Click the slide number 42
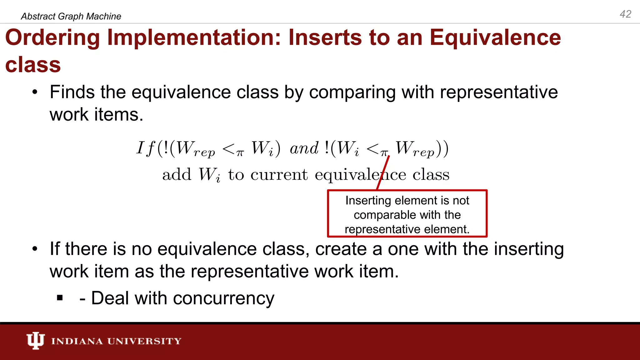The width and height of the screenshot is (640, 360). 625,14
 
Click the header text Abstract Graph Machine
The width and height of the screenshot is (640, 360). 71,16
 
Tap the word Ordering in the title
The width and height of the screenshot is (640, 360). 52,38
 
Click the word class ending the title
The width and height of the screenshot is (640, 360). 33,65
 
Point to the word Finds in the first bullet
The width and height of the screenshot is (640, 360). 72,92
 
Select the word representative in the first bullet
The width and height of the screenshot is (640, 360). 499,92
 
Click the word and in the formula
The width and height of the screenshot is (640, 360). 304,148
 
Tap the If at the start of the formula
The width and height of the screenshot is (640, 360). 145,148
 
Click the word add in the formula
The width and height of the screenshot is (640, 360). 177,175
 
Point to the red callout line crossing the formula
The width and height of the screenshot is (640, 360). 383,172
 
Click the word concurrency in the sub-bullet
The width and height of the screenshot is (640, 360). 223,298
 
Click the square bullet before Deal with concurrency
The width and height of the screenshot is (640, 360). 60,298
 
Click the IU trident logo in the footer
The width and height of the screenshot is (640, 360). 35,340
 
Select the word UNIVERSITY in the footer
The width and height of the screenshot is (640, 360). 144,341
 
